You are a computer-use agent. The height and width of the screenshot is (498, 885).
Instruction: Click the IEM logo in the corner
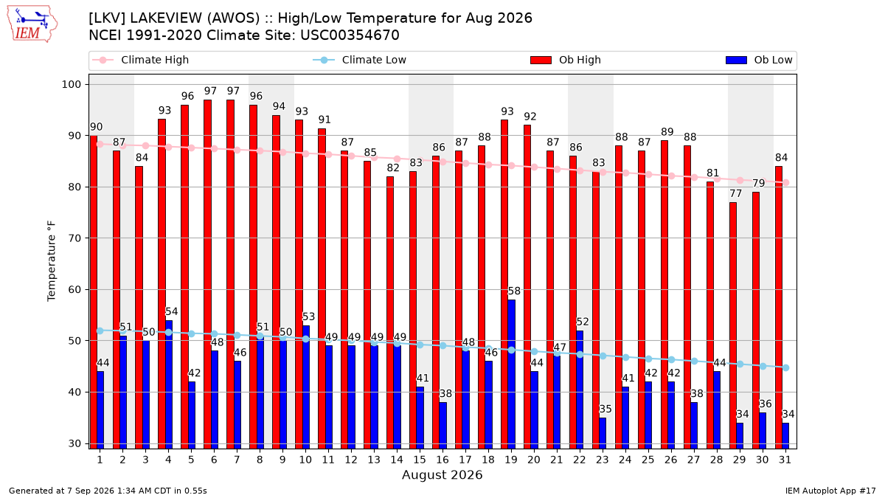tap(32, 24)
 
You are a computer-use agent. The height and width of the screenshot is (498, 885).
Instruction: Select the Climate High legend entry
tap(140, 60)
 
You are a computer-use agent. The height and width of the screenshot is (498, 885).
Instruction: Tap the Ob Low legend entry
tap(759, 60)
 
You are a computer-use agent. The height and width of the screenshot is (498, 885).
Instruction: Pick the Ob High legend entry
tap(566, 60)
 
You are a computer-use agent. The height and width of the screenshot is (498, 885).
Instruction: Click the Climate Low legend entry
tap(359, 60)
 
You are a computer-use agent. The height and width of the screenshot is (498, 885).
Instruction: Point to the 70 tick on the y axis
tap(74, 238)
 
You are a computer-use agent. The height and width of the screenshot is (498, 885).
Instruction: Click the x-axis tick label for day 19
tap(511, 460)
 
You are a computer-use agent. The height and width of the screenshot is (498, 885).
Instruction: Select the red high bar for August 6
tap(207, 274)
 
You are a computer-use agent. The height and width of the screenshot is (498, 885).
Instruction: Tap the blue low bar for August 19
tap(511, 374)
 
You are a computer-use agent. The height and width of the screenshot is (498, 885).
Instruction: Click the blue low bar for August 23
tap(603, 433)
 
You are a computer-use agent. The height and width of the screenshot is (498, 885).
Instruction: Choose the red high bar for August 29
tap(733, 325)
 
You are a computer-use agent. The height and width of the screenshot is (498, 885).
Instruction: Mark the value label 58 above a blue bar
tap(514, 291)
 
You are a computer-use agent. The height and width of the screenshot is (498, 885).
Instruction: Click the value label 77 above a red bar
tap(736, 193)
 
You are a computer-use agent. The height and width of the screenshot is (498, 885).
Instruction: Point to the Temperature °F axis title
tap(52, 261)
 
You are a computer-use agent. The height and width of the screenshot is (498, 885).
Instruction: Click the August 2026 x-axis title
tap(442, 474)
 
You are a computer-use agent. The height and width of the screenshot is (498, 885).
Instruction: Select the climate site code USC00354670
tap(350, 35)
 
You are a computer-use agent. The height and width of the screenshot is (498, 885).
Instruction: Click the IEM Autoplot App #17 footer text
tap(830, 491)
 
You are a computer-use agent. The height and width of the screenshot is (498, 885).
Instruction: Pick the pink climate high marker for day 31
tap(786, 183)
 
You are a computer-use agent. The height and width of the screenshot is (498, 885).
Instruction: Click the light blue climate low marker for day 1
tap(100, 331)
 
